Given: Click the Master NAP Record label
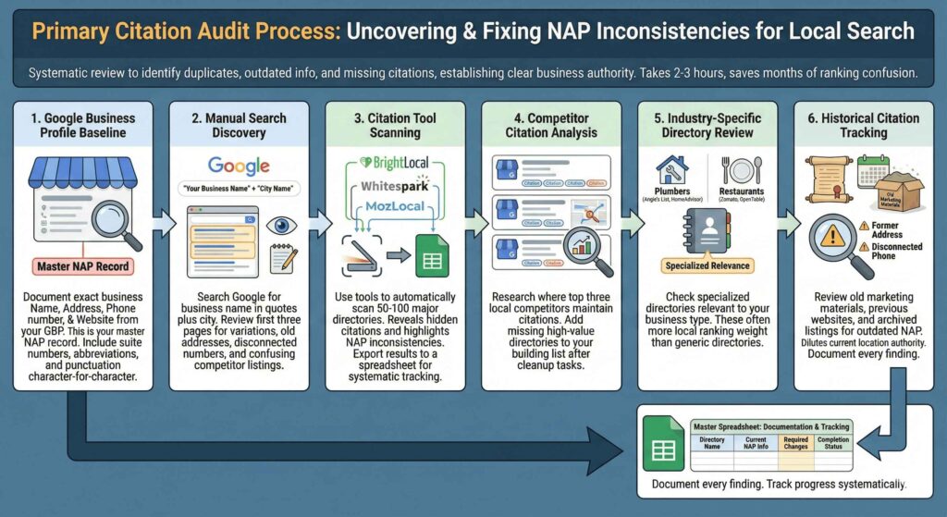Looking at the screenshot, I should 83,267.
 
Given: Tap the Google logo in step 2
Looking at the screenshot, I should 239,167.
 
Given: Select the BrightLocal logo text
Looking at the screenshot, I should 399,163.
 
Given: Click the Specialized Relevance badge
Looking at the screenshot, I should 709,266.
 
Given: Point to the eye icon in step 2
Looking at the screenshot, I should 279,226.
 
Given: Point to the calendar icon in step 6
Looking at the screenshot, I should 872,171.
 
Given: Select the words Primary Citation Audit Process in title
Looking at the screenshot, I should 184,31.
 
